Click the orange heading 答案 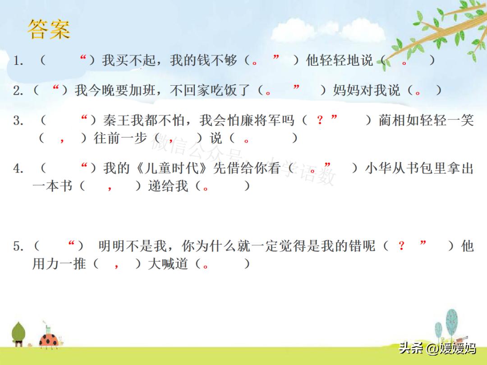[x=49, y=29]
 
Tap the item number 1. [x=18, y=61]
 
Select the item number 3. [x=18, y=121]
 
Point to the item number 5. [x=18, y=246]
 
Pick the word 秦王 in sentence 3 [x=115, y=121]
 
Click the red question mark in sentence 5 [x=401, y=246]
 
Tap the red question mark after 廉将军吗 [x=320, y=120]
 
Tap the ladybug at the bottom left [x=49, y=340]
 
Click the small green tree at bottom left [x=18, y=333]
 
